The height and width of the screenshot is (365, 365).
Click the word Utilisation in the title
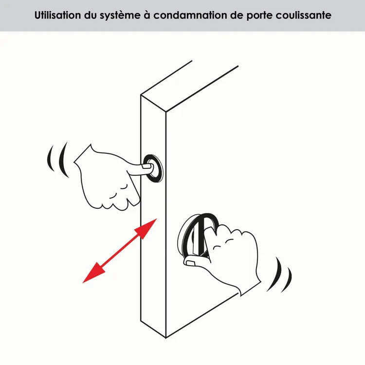click(58, 15)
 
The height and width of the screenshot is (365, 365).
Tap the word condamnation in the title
click(190, 15)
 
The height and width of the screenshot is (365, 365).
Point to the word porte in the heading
click(259, 16)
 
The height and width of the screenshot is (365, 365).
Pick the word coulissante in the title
click(304, 15)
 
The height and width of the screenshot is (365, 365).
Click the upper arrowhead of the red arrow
click(146, 229)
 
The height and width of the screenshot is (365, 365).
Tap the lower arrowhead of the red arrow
click(94, 273)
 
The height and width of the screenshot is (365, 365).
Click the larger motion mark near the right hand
click(278, 274)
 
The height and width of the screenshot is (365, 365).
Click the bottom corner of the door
click(166, 338)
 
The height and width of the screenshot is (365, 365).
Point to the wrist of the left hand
click(83, 154)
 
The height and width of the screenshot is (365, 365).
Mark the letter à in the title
click(147, 15)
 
